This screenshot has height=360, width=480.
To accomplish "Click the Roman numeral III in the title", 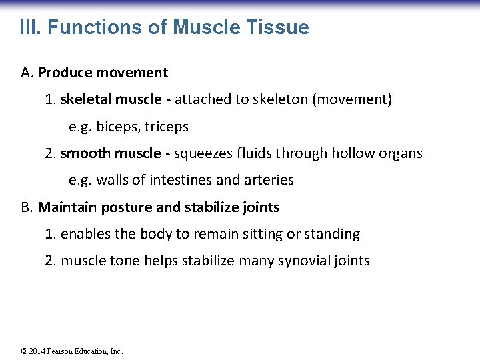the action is tap(30, 28).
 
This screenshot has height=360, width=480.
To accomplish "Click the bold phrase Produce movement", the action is tap(103, 73).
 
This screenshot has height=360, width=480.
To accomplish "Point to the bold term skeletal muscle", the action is tap(111, 100).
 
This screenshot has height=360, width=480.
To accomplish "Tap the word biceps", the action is tap(117, 127).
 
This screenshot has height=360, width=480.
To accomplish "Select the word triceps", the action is tap(166, 127).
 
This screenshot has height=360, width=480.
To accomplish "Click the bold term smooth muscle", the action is tap(111, 153).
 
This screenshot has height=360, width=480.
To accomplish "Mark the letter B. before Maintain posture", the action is tap(27, 207).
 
